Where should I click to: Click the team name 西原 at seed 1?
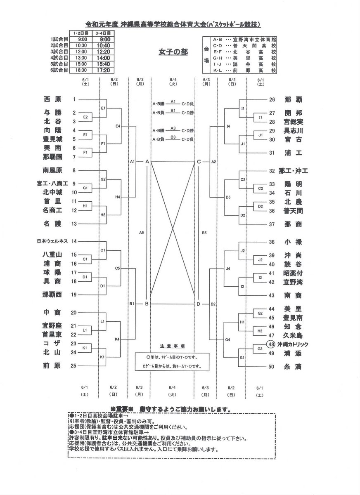(x=52, y=99)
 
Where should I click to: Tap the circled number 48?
(x=271, y=344)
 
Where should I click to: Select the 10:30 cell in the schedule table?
(x=81, y=45)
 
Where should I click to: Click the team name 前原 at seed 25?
(x=52, y=365)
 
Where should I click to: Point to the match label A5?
(x=141, y=233)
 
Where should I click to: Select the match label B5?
(x=204, y=233)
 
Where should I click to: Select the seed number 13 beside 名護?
(x=74, y=224)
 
